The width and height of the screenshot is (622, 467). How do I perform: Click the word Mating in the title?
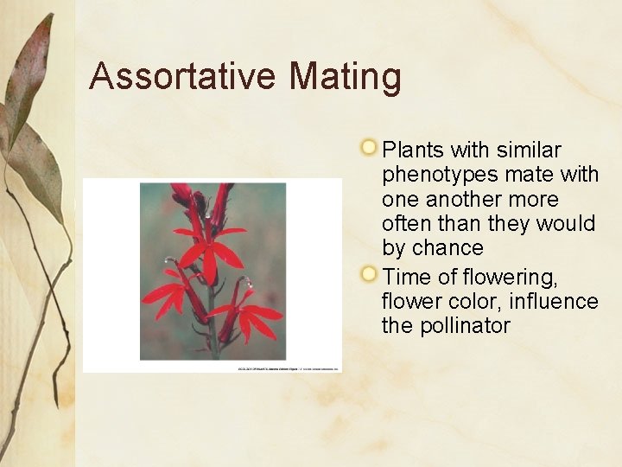pyautogui.click(x=346, y=76)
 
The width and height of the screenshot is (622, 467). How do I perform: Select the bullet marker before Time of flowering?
pyautogui.click(x=369, y=275)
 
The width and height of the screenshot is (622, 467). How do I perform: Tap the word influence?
pyautogui.click(x=553, y=301)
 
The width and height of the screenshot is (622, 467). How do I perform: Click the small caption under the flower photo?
pyautogui.click(x=289, y=369)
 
